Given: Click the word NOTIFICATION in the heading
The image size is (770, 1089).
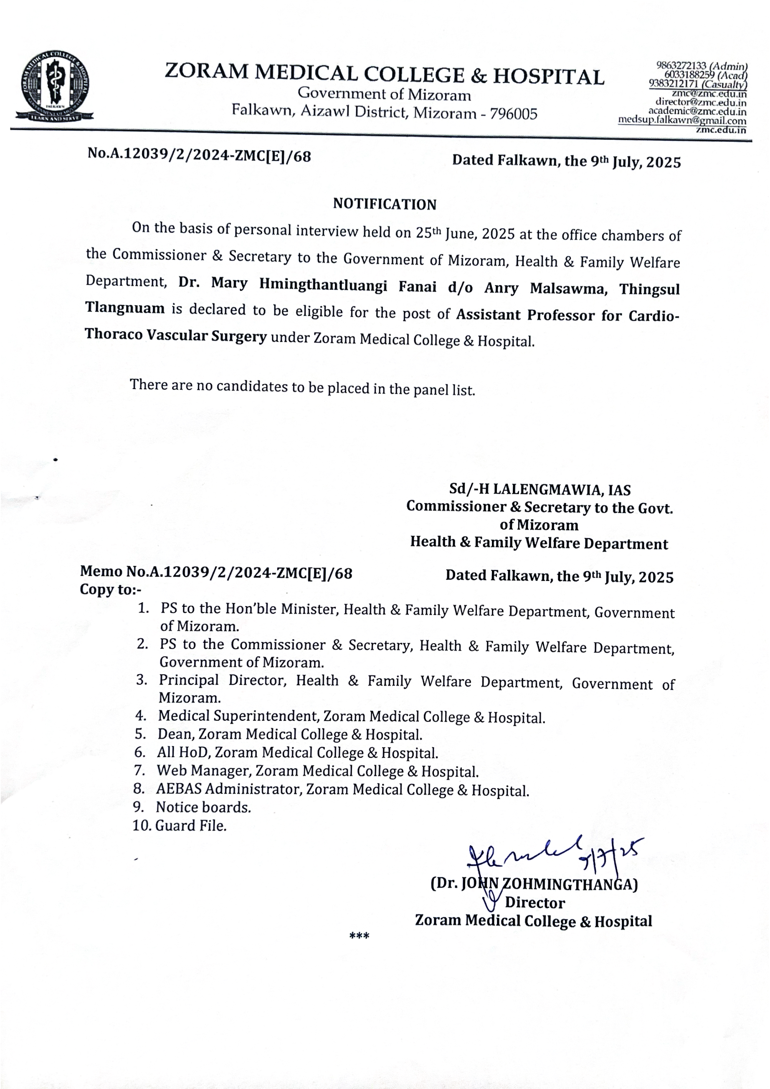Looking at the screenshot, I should click(x=384, y=204).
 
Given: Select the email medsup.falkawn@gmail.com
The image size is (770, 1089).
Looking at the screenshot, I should click(x=682, y=121).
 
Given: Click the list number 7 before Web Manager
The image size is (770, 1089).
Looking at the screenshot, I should click(x=139, y=770).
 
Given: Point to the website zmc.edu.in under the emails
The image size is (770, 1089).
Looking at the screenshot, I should click(x=721, y=130).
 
